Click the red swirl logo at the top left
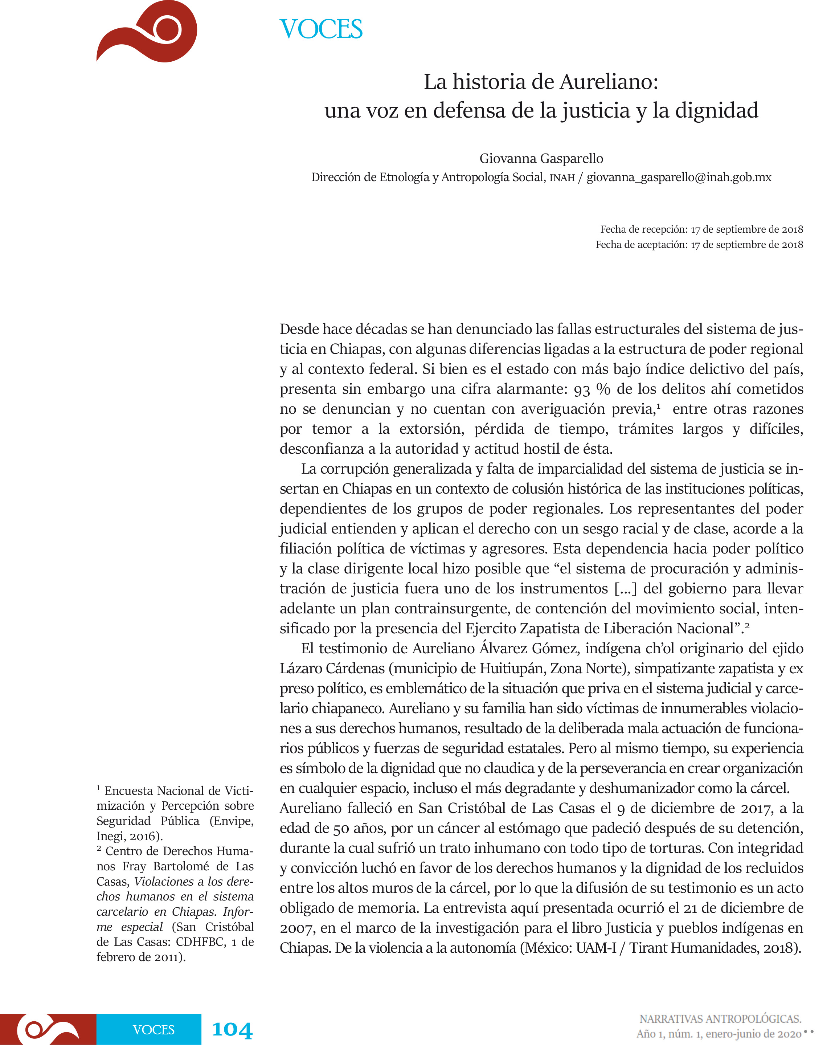(147, 32)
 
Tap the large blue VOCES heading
(321, 29)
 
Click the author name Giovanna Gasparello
(541, 159)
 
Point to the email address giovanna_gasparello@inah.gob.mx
(679, 177)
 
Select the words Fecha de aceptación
(641, 245)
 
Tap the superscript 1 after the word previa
(658, 406)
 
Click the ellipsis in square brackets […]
(625, 589)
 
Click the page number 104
(232, 1029)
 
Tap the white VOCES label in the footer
(154, 1030)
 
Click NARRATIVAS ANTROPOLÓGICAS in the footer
(720, 1019)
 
